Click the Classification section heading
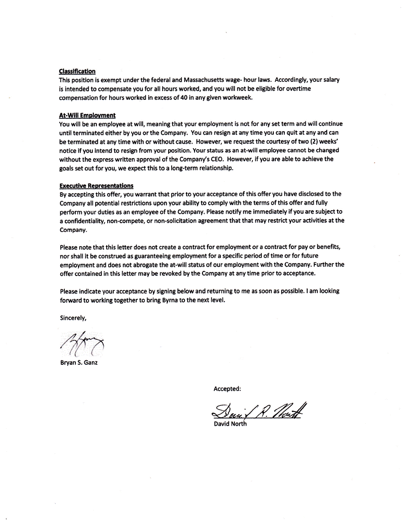[77, 71]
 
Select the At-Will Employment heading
[87, 115]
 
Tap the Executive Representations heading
[96, 186]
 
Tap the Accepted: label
[227, 388]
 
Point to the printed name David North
[230, 424]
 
